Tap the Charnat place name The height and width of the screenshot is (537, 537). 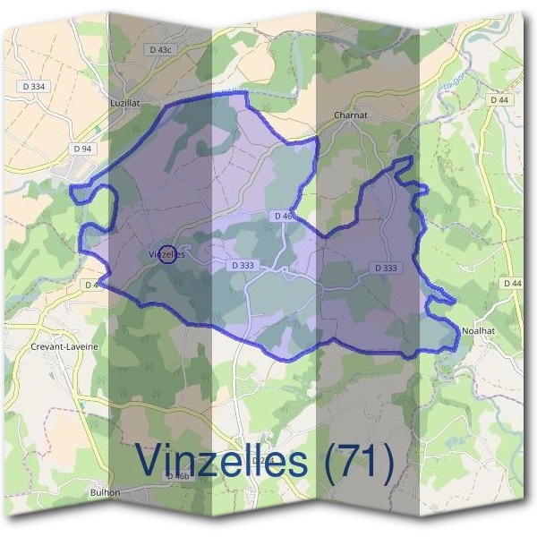345,115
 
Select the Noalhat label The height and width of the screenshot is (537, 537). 478,331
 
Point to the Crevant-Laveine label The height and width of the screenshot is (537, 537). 64,345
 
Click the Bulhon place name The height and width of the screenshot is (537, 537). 105,492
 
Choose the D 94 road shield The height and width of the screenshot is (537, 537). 82,148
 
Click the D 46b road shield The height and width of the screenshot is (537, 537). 178,476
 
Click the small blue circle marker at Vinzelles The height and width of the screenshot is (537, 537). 166,254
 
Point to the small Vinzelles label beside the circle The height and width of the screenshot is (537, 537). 166,254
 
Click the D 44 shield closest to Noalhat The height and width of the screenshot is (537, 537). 512,284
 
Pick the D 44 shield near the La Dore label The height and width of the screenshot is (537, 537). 499,99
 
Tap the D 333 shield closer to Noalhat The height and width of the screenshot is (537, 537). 385,268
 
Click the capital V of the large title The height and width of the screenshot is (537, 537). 151,461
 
